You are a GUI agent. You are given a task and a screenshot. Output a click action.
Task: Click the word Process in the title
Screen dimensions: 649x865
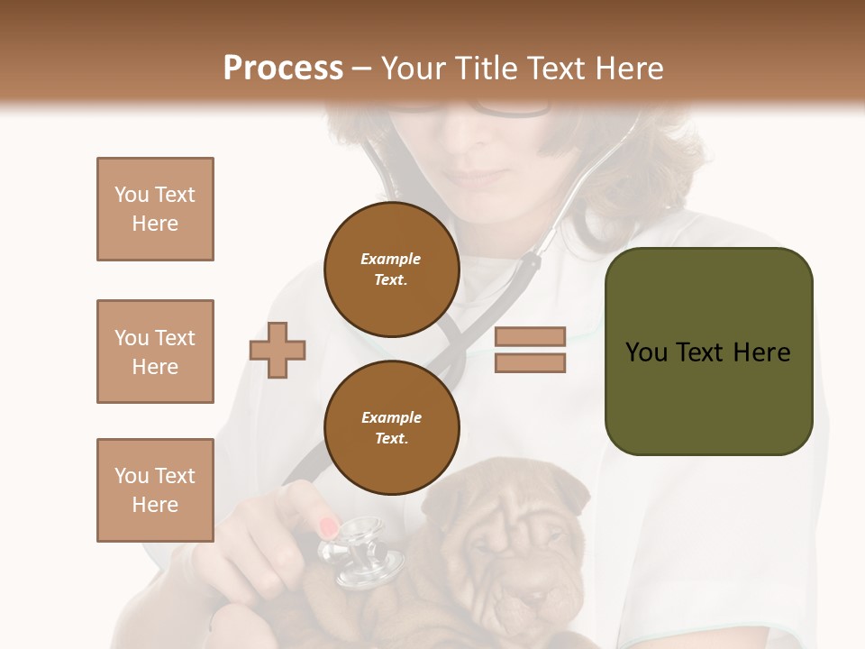283,69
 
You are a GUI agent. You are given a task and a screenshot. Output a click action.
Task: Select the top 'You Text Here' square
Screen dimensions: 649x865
155,209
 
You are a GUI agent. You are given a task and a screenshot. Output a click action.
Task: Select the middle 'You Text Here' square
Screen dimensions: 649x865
155,352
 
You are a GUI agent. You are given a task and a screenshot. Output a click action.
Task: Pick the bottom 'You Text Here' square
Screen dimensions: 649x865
155,490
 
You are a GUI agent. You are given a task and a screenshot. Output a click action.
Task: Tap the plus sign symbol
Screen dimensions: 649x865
278,349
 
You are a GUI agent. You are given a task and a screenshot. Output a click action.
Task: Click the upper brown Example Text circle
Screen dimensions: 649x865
391,270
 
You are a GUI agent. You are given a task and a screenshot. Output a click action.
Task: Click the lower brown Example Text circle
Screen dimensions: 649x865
391,427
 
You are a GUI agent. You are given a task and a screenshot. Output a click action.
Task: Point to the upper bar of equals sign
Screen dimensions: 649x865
530,336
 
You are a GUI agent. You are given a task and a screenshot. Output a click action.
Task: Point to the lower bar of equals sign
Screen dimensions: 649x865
530,362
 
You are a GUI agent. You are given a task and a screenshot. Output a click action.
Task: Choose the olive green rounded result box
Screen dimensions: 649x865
708,352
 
